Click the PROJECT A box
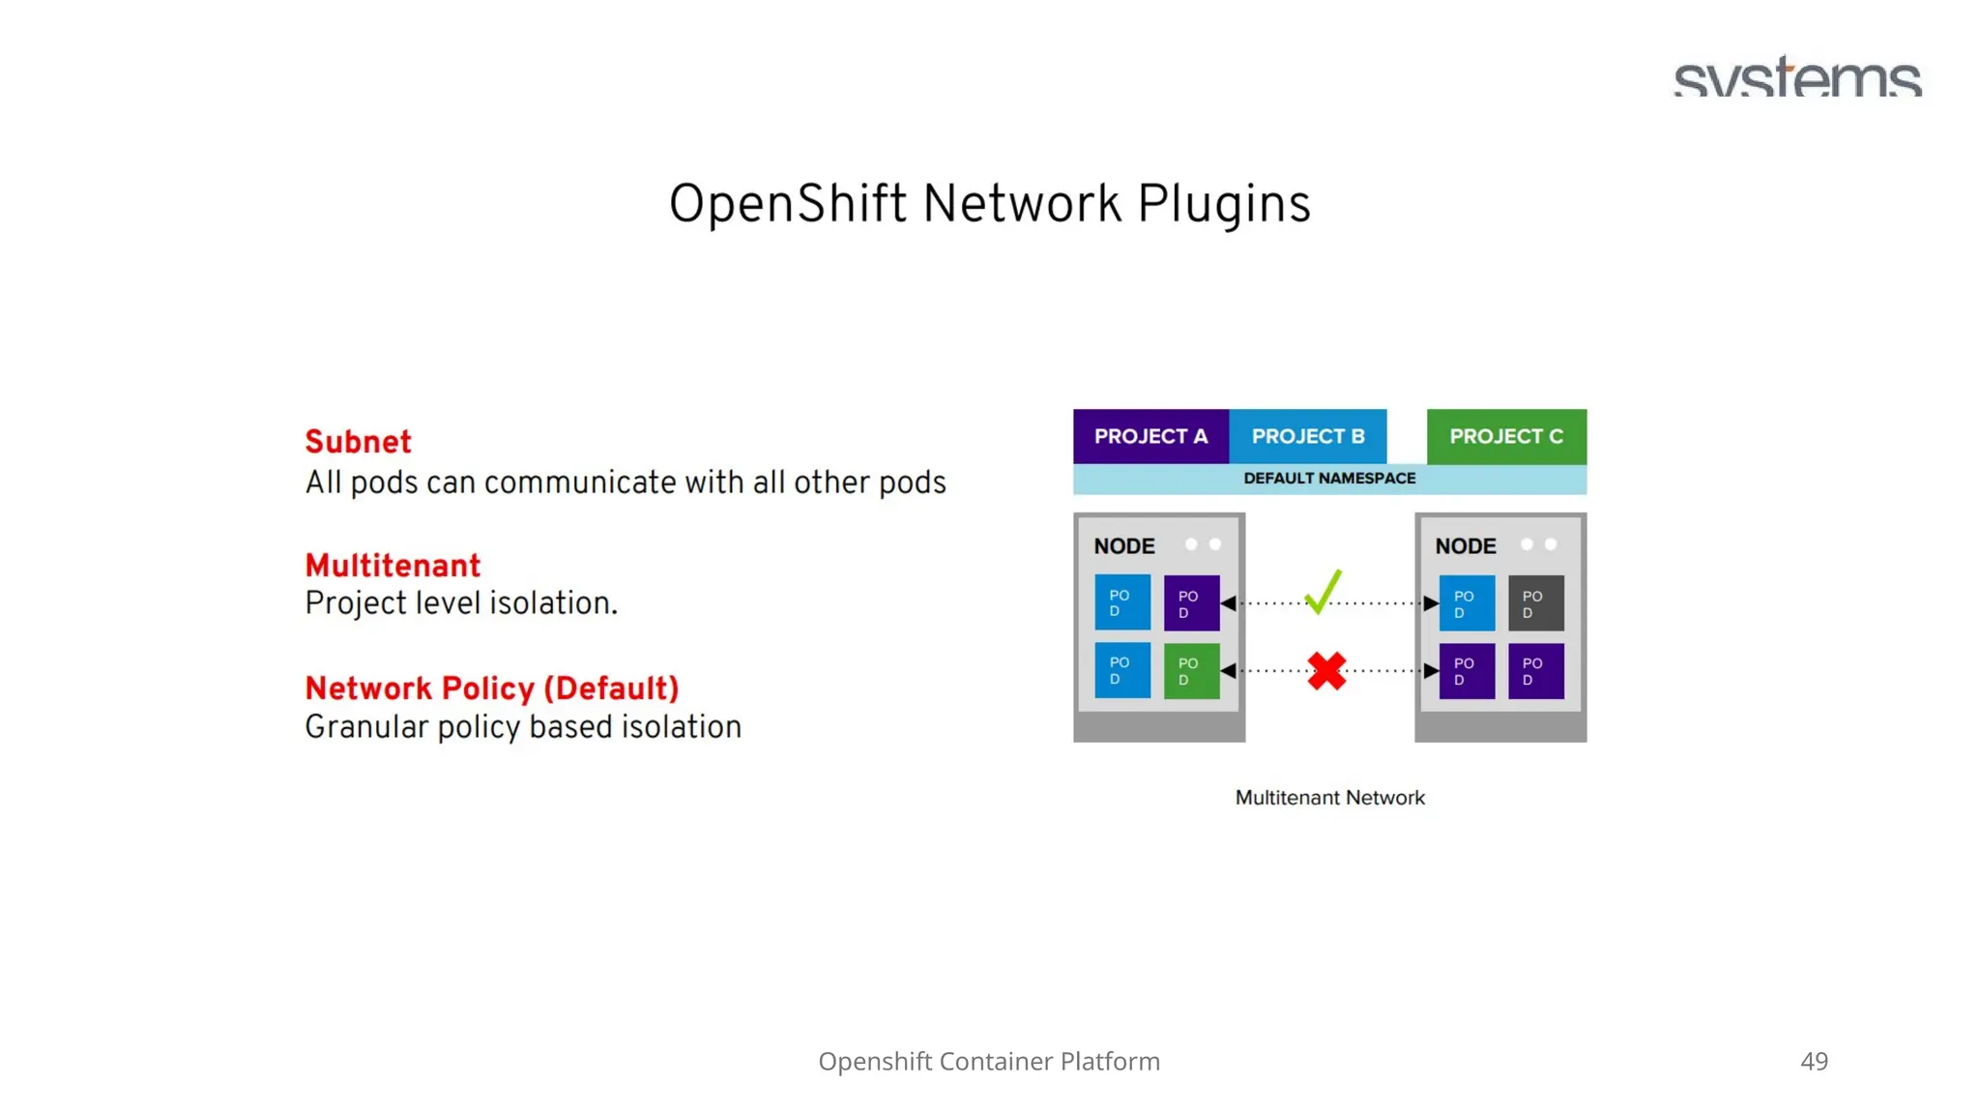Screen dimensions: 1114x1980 pos(1150,436)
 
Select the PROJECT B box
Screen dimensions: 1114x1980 pos(1307,436)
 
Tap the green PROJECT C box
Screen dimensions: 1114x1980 pos(1505,436)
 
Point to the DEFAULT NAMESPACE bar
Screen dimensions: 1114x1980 pos(1328,479)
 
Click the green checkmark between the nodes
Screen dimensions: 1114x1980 pos(1322,591)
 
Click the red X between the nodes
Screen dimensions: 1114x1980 pos(1326,670)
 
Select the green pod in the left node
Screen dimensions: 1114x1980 pos(1191,670)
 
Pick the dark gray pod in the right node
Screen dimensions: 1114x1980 pos(1534,603)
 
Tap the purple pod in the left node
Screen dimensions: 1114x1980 pos(1191,603)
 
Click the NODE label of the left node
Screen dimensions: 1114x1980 pos(1123,546)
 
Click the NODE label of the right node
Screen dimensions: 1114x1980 pos(1465,546)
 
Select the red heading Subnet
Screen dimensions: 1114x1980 pos(358,442)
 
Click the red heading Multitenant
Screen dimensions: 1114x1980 pos(392,566)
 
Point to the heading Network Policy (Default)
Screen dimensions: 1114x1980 pos(491,689)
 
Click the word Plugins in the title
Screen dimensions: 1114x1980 pos(1223,205)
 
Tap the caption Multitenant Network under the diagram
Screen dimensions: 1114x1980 pos(1329,798)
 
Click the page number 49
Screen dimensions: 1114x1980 pos(1814,1061)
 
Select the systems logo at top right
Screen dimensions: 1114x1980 pos(1797,77)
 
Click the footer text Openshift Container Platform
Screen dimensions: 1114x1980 pos(988,1061)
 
